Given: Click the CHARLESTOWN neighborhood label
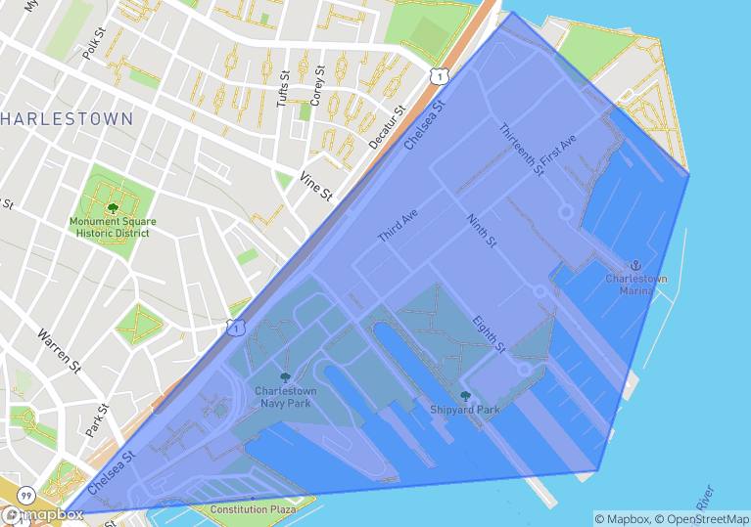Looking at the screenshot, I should point(66,119).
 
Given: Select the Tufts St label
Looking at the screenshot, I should point(284,87).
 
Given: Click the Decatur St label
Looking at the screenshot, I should point(386,128).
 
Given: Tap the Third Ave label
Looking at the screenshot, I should point(398,225).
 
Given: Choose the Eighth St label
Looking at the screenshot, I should point(489,332).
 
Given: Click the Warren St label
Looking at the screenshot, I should point(60,350).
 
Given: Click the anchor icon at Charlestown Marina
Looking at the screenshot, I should point(635,265).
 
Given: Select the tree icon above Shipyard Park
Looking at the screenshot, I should point(465,396).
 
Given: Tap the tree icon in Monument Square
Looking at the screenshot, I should point(113,207).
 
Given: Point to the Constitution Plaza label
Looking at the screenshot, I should point(253,509).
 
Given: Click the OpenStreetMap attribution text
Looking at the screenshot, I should point(703,518).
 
